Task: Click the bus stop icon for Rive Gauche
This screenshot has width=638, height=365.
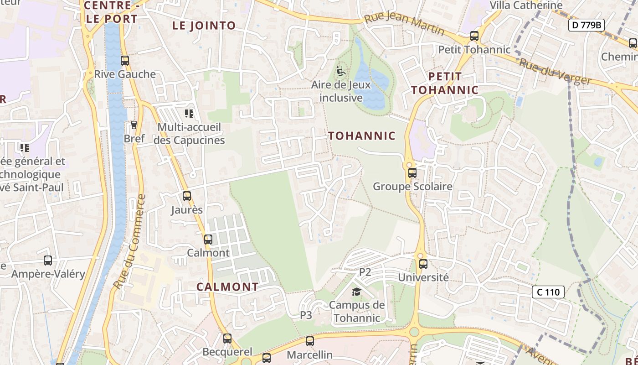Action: click(124, 61)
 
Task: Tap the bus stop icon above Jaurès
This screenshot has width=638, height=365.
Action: click(187, 196)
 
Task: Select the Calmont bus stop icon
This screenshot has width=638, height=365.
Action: click(208, 239)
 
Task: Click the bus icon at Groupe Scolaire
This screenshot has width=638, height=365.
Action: click(412, 173)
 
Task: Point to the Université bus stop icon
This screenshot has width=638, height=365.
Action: click(423, 264)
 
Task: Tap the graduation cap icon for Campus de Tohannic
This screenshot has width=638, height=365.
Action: click(356, 292)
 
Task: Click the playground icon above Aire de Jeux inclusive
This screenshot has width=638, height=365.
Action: click(340, 71)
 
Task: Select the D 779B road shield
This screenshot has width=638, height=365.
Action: click(587, 25)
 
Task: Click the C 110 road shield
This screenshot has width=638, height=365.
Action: click(548, 292)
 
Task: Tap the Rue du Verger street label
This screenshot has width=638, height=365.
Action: click(555, 72)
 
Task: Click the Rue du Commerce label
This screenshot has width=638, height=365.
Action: click(130, 242)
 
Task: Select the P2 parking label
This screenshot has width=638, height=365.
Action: click(365, 272)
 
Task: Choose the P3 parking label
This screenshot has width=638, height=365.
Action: click(306, 315)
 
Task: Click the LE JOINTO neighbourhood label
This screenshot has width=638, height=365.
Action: click(204, 26)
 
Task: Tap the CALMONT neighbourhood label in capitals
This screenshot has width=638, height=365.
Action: click(227, 287)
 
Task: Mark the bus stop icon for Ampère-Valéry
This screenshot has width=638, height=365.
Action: click(48, 261)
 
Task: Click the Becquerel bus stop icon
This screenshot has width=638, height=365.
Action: click(227, 339)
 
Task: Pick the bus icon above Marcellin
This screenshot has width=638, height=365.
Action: click(310, 341)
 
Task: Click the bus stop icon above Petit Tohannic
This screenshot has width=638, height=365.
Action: click(474, 36)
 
